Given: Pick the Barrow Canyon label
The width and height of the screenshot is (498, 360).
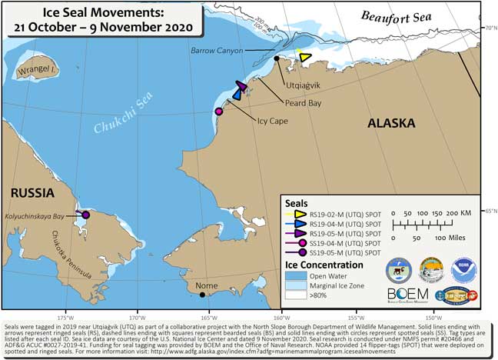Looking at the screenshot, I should pos(217,51).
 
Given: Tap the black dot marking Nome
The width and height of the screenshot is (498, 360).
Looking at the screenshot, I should pos(201,294).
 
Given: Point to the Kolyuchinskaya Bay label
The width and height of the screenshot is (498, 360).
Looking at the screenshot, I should pos(39,218).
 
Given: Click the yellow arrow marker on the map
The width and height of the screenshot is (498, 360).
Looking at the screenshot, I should pos(304,57).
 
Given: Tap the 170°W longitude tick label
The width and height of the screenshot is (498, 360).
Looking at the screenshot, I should pos(138,315).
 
